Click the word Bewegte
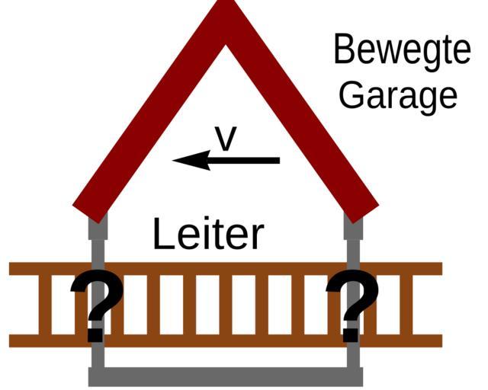click(401, 51)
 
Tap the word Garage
click(397, 94)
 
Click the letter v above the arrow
click(226, 139)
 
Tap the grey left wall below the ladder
click(97, 358)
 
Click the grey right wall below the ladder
click(354, 358)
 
